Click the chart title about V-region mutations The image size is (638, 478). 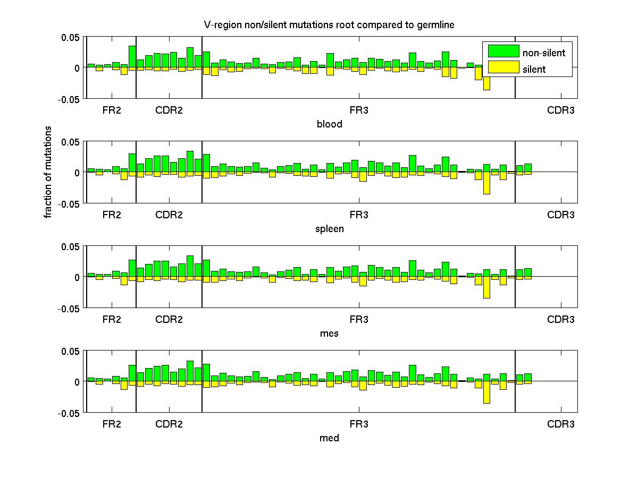tap(329, 25)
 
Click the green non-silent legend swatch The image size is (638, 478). tap(503, 51)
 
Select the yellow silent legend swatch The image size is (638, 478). tap(503, 67)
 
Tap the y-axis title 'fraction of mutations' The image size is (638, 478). tap(48, 172)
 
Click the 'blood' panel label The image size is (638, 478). tap(329, 124)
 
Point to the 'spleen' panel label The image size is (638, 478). tap(329, 229)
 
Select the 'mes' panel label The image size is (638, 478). tap(329, 334)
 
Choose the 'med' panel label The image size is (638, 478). tap(329, 438)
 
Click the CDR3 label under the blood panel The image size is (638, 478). tap(561, 110)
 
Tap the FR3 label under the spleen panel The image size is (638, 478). tap(358, 215)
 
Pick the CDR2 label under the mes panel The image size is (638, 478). tap(169, 320)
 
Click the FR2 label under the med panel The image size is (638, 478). tap(112, 424)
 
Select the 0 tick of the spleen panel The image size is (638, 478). tap(77, 173)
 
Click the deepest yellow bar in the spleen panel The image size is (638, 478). tap(486, 183)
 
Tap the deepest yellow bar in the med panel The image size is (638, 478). tap(486, 392)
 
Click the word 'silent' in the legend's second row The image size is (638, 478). tap(534, 69)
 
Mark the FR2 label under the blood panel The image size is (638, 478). tap(112, 110)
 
